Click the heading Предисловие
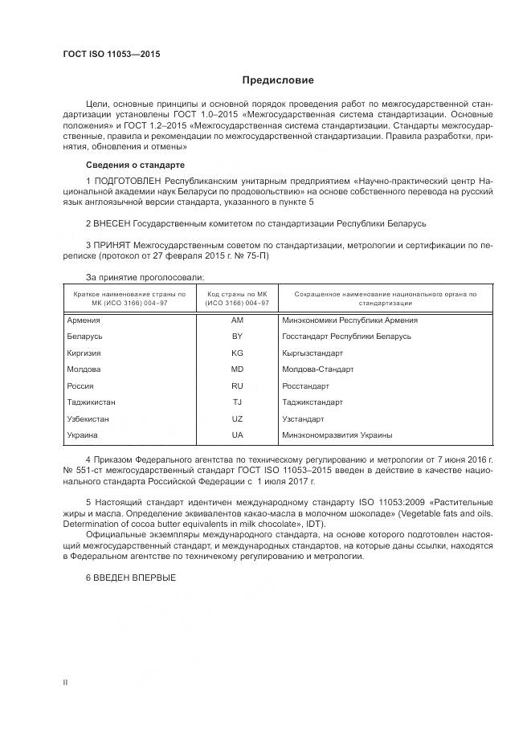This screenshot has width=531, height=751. coord(279,80)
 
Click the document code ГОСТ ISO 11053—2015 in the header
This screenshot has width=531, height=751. coord(112,54)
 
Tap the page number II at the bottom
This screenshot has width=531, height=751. coord(65,682)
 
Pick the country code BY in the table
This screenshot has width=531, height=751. coord(237,337)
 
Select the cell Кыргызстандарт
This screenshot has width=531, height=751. coord(312,353)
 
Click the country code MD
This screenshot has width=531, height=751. coord(237,369)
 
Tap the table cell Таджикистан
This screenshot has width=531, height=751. coord(92,402)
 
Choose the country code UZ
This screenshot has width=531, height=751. coord(237,418)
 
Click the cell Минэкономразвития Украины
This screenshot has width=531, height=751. coord(337,435)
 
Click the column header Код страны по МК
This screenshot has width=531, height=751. coord(237,299)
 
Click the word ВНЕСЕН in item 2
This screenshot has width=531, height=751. coord(113,221)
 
